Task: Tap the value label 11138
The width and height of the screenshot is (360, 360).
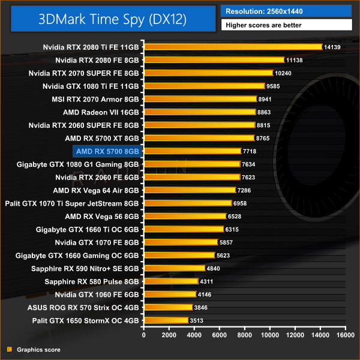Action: [295, 60]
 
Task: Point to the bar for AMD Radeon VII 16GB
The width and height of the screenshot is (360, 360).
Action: [200, 112]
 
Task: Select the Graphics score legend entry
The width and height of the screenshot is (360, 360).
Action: [38, 349]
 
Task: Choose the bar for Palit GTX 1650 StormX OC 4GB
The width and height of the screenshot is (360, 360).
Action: [166, 320]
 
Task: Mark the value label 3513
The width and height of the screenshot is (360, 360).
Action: [198, 320]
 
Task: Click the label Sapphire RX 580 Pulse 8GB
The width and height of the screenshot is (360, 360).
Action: [92, 281]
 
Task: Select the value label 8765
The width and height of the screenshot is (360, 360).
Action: [265, 138]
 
